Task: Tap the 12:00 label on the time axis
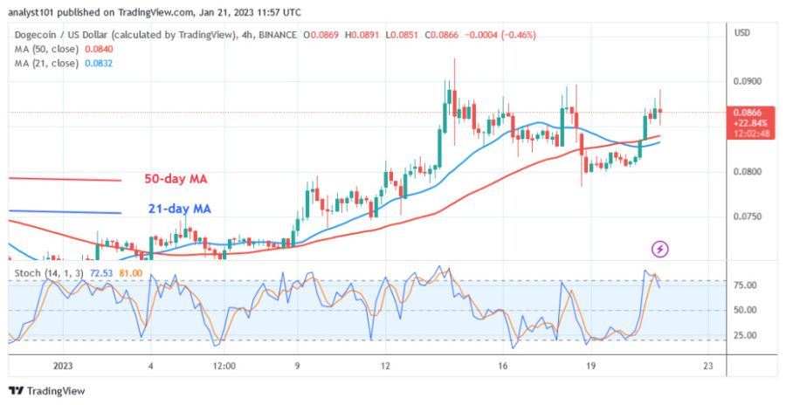(224, 365)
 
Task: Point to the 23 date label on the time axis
(709, 365)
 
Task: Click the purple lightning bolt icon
(661, 249)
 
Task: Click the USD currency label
(743, 33)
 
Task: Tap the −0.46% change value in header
(516, 34)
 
